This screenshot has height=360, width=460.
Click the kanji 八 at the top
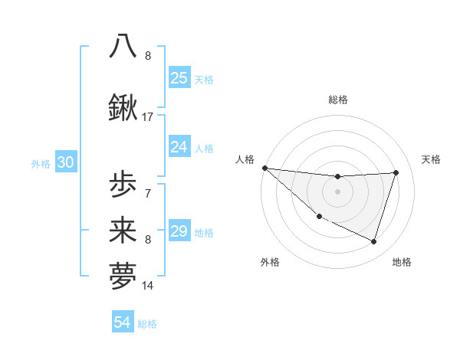point(123,45)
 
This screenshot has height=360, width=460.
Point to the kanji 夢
point(123,277)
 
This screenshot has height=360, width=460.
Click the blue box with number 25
point(179,77)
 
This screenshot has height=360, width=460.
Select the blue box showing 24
point(179,146)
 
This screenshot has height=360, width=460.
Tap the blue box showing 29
point(179,231)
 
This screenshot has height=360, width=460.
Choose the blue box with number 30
point(65,162)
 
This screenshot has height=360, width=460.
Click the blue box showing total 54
point(123,322)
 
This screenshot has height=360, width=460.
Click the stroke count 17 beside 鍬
point(147,117)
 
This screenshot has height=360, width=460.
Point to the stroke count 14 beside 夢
point(147,286)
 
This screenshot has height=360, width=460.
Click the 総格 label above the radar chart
point(337,100)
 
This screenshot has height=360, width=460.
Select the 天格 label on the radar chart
point(432,159)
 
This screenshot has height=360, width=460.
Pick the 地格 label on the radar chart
point(402,262)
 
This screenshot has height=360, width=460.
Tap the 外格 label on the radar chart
point(270,262)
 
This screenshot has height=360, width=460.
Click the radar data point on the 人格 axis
point(264,168)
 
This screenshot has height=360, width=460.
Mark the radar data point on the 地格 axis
point(373,241)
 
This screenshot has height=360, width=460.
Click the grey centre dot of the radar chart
point(337,191)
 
